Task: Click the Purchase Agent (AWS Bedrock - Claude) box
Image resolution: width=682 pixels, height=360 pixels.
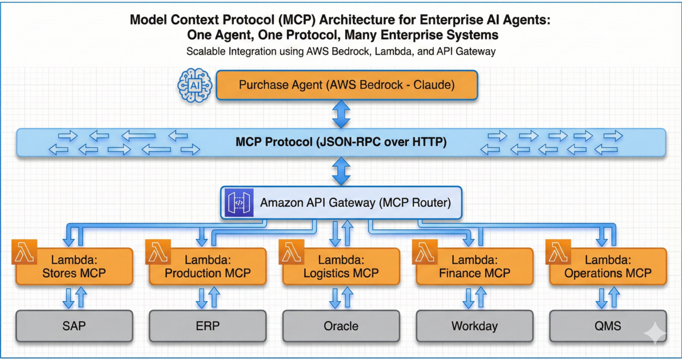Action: (x=346, y=86)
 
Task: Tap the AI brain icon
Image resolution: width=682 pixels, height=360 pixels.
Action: (x=195, y=86)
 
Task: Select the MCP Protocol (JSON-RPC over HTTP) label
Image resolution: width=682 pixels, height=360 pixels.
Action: (x=341, y=142)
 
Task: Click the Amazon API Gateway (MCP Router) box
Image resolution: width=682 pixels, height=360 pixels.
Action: (x=341, y=202)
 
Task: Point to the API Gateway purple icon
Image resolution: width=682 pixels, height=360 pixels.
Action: (x=240, y=202)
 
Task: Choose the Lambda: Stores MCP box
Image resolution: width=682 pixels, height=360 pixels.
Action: (x=74, y=266)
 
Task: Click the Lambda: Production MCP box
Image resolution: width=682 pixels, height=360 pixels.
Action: (x=208, y=266)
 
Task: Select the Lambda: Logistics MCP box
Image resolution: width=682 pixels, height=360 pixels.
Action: (x=341, y=266)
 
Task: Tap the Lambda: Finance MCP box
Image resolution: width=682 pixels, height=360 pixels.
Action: (x=474, y=266)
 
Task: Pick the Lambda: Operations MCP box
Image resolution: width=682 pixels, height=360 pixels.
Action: (x=608, y=266)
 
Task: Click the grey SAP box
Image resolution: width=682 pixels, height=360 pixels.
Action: (x=74, y=326)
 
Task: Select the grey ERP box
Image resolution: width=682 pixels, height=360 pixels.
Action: (x=208, y=326)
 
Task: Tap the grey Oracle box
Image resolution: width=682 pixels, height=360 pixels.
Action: (x=341, y=326)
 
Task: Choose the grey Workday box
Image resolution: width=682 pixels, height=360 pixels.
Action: (x=474, y=326)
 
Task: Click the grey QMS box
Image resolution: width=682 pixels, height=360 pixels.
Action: (x=608, y=326)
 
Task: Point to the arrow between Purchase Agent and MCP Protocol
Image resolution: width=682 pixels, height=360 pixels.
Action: (x=341, y=114)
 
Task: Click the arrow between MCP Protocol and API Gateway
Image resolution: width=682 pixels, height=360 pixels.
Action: (x=341, y=171)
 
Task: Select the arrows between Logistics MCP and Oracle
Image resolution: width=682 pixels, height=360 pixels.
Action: (x=341, y=298)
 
